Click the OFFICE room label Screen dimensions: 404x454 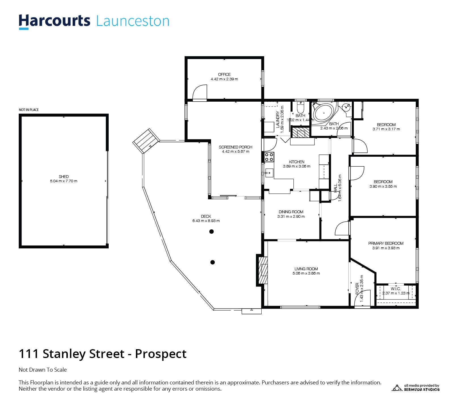[x=224, y=74]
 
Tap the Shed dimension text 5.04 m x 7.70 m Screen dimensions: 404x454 [x=64, y=181]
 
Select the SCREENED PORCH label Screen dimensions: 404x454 [x=236, y=147]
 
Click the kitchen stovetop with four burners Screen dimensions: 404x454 [x=269, y=157]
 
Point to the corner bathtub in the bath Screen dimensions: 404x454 [x=324, y=113]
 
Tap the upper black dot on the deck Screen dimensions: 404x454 [x=211, y=232]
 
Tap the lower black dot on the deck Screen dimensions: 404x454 [x=213, y=262]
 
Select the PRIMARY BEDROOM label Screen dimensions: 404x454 [x=386, y=243]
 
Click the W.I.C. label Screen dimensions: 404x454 [x=396, y=289]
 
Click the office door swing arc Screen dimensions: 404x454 [x=200, y=92]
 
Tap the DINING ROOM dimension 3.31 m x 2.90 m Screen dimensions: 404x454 [x=291, y=217]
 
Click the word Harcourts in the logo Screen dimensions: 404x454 [x=54, y=21]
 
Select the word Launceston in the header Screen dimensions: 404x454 [x=133, y=21]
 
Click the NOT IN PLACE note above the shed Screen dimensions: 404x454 [x=29, y=110]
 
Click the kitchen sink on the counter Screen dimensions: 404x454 [x=269, y=172]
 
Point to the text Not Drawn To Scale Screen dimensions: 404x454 [x=43, y=370]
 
